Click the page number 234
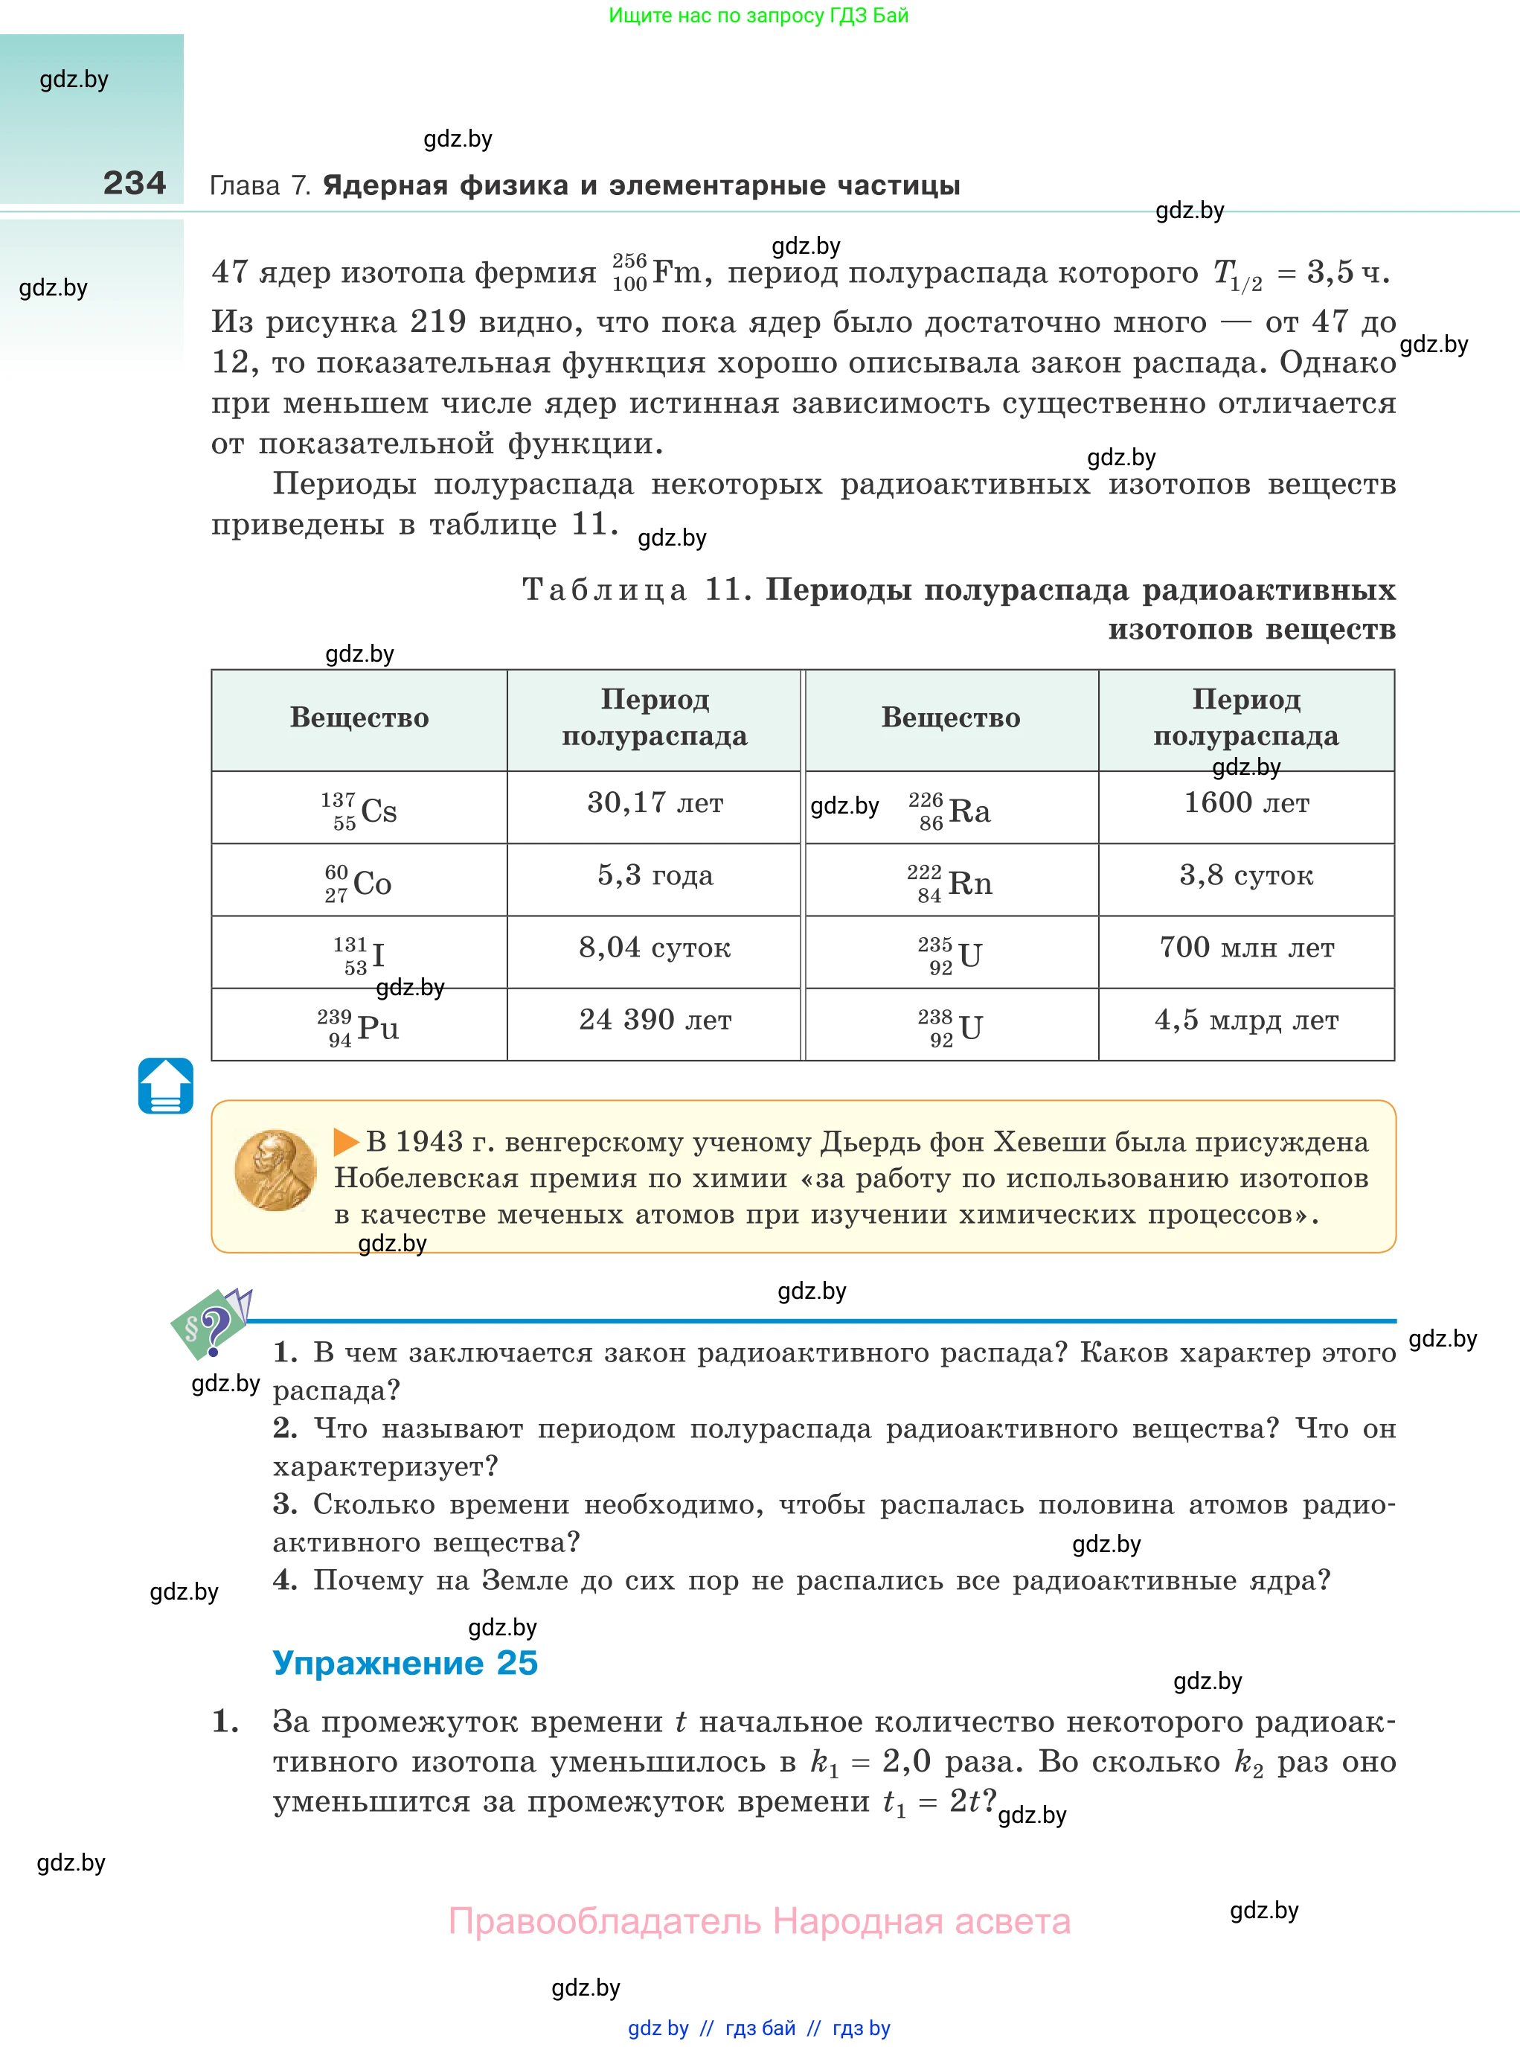[x=135, y=183]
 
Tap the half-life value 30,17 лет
[x=654, y=803]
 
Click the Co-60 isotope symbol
[x=359, y=883]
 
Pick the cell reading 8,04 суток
[x=654, y=948]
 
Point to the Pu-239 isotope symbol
[x=359, y=1027]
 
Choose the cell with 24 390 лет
[x=654, y=1020]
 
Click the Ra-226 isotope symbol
[x=950, y=810]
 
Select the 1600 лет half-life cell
[x=1245, y=803]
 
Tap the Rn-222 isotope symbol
[x=950, y=883]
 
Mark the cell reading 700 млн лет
[x=1245, y=948]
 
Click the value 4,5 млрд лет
[x=1245, y=1020]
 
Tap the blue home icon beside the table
[x=166, y=1086]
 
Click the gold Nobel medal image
[x=275, y=1170]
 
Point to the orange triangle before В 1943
[x=346, y=1143]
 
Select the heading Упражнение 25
[x=405, y=1663]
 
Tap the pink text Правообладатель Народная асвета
[x=759, y=1922]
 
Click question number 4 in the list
[x=284, y=1580]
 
